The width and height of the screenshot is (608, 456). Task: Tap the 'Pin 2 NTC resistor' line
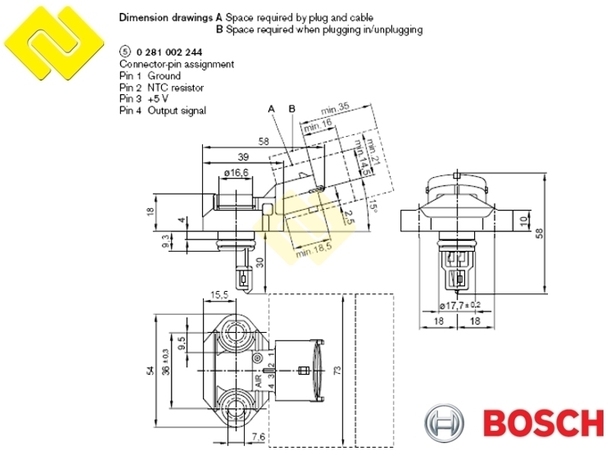tap(161, 87)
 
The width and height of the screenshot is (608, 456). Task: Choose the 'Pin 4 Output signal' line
tap(163, 110)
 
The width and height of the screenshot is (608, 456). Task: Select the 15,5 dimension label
tap(220, 295)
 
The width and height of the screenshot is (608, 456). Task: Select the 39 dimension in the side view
tap(242, 157)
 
